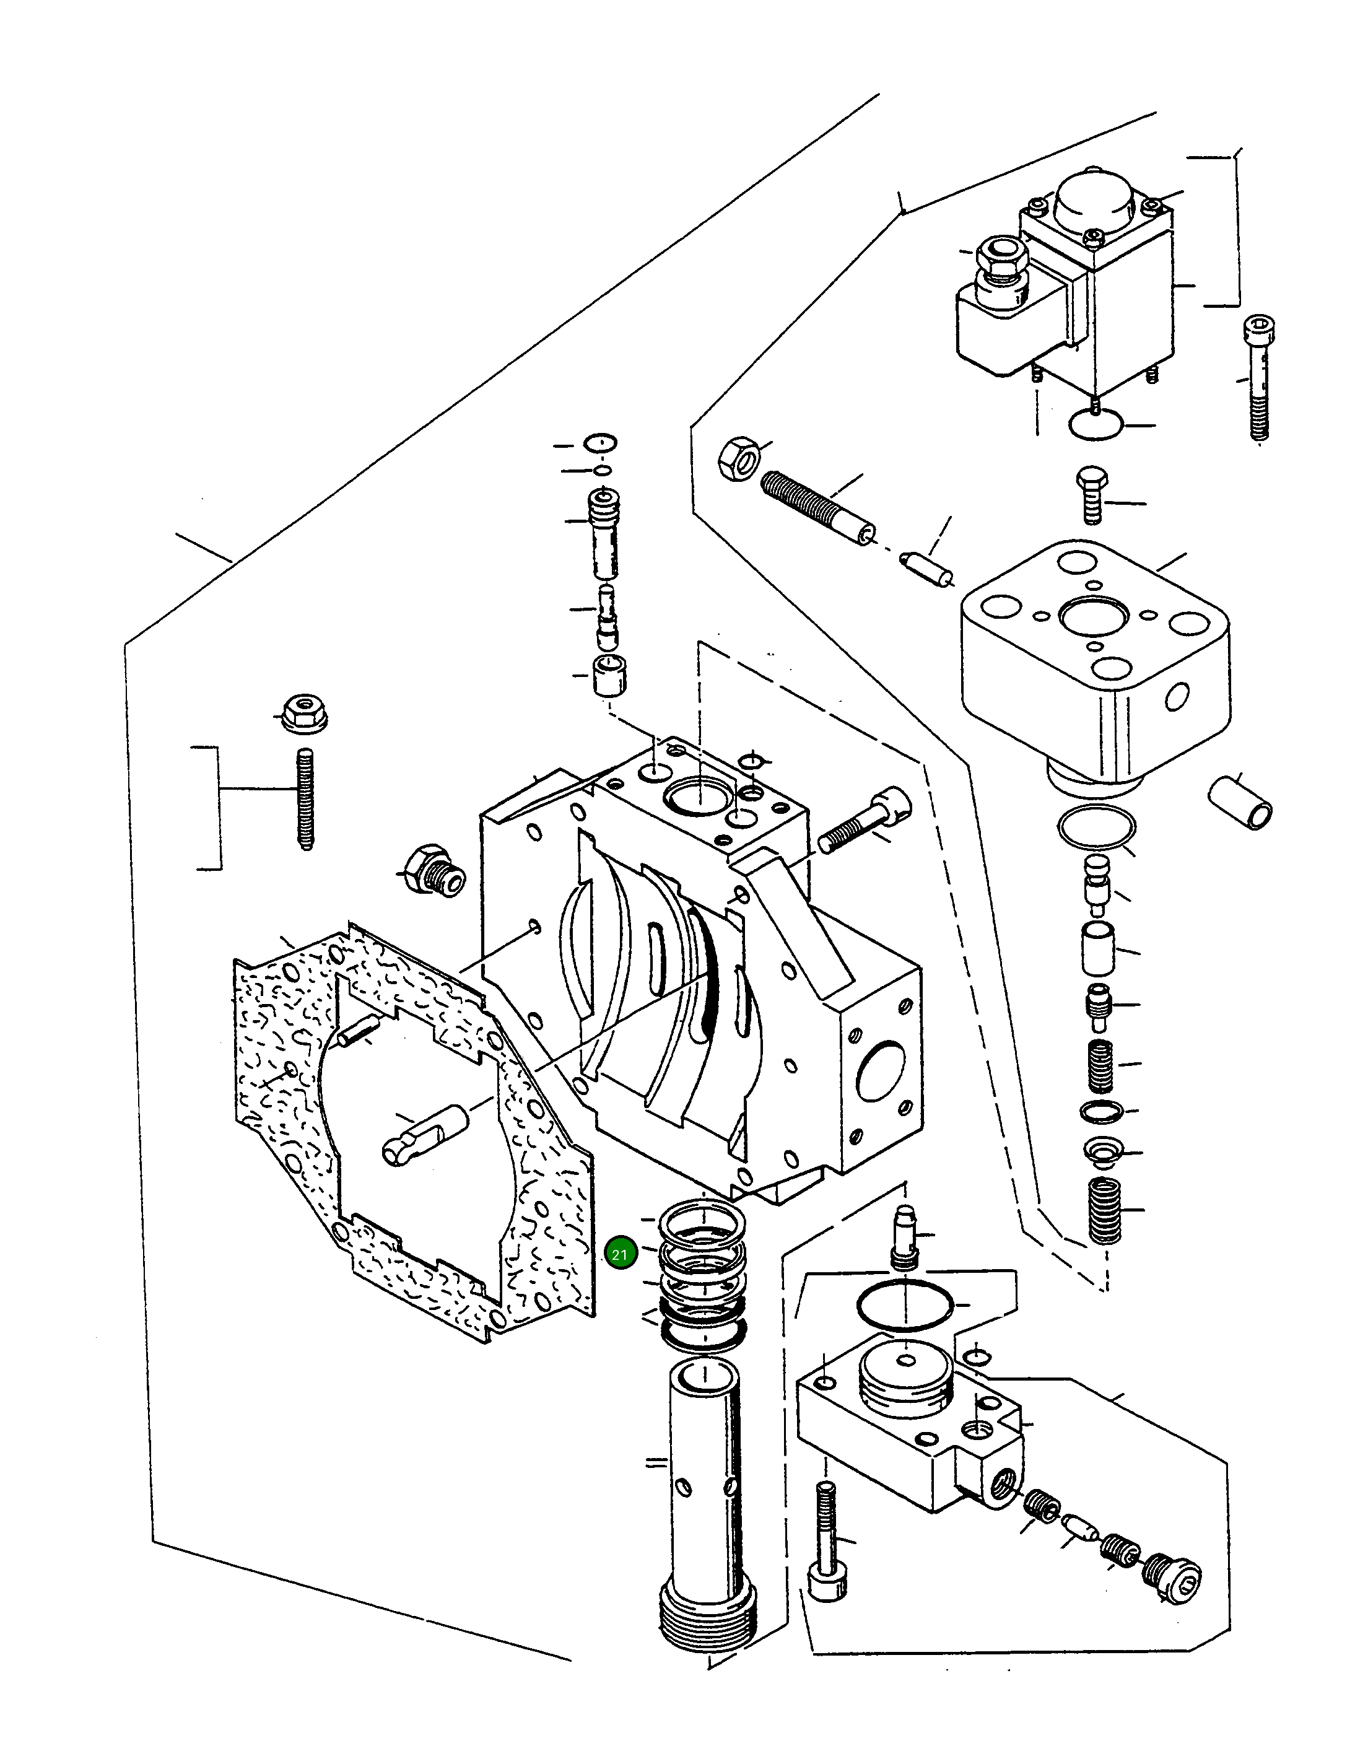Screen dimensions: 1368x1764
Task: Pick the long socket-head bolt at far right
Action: [1256, 377]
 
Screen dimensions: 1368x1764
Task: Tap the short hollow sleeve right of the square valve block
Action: [1240, 801]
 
